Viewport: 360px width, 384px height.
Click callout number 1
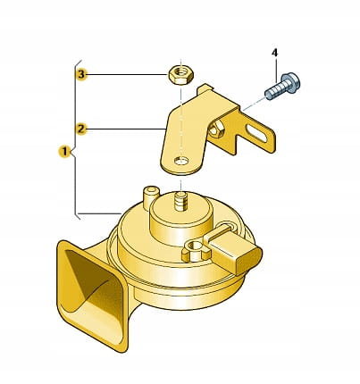(x=64, y=152)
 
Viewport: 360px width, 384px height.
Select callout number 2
(x=81, y=129)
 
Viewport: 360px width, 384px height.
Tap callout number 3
(x=81, y=74)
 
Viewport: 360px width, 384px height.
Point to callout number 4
(x=274, y=53)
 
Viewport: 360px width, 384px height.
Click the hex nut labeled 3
(x=181, y=75)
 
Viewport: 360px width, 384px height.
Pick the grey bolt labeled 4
(x=282, y=87)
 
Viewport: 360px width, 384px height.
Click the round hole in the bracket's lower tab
(x=181, y=161)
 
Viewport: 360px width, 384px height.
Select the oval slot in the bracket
(x=256, y=133)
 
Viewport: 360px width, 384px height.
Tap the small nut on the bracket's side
(x=216, y=129)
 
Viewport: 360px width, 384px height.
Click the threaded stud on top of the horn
(x=181, y=201)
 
